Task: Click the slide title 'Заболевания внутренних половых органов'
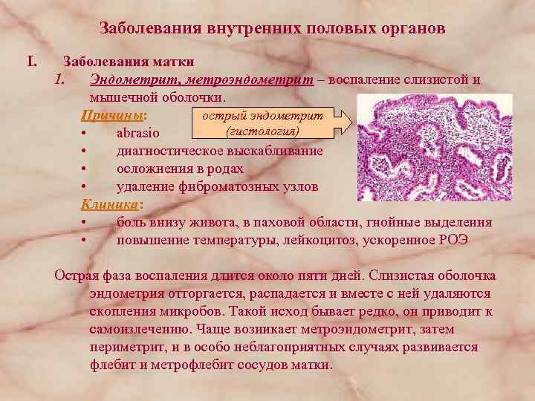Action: [x=273, y=29]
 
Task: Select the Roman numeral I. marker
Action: [x=33, y=62]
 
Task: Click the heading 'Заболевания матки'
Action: [x=129, y=62]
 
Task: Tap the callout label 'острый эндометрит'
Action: [x=267, y=116]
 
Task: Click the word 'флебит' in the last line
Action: [x=110, y=365]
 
